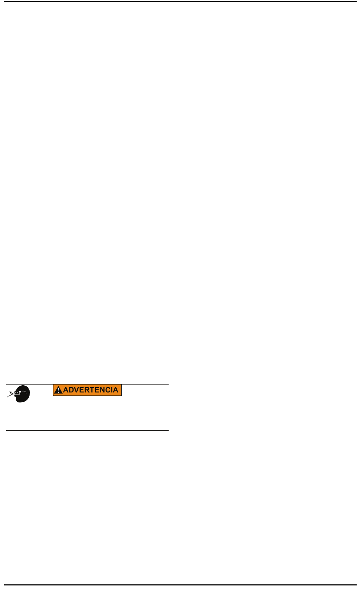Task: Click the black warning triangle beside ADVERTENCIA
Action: tap(58, 390)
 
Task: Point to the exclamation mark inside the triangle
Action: tap(58, 391)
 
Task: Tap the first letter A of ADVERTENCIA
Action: tap(66, 390)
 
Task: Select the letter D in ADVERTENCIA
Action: tap(71, 390)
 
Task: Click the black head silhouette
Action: tap(23, 395)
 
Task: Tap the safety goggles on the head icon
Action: tap(17, 393)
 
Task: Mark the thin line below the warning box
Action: tap(87, 430)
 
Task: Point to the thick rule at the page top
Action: tap(180, 2)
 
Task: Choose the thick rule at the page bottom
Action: tap(180, 585)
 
